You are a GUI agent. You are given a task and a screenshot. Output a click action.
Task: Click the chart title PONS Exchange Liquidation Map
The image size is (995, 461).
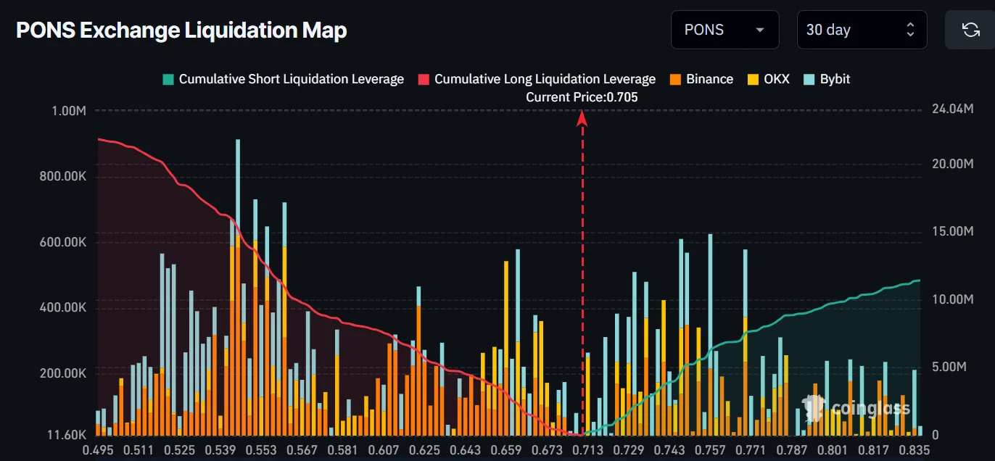[x=181, y=30]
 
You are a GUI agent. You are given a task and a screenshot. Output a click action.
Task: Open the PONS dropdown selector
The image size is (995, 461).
[x=725, y=30]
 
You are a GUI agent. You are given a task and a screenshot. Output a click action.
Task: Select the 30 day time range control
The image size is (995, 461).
[x=862, y=30]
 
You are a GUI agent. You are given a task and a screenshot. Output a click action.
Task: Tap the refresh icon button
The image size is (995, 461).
[x=970, y=30]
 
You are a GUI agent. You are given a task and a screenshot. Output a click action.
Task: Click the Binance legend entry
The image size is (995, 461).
[x=701, y=79]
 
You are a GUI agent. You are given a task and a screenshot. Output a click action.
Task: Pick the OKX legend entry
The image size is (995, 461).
[x=769, y=79]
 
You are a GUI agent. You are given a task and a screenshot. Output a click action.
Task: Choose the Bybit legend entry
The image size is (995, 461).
[x=827, y=79]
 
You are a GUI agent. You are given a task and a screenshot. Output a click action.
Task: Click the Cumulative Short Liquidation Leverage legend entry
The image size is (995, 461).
[x=284, y=79]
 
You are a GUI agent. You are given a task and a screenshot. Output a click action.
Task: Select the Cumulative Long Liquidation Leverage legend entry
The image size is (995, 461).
[x=537, y=79]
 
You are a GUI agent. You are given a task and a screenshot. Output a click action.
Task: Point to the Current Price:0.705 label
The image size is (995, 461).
[x=582, y=97]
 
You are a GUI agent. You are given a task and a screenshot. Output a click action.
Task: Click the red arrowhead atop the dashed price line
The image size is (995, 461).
[x=582, y=119]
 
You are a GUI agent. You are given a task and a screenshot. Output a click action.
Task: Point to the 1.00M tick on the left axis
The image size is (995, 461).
[x=69, y=111]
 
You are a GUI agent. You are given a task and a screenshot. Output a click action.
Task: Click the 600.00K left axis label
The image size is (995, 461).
[x=62, y=242]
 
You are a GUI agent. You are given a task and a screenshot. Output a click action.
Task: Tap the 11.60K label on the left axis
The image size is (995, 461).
[x=67, y=435]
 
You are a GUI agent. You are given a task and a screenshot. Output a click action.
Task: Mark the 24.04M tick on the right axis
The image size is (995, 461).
[x=953, y=109]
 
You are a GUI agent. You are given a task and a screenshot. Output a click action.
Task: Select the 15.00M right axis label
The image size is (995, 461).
[x=953, y=231]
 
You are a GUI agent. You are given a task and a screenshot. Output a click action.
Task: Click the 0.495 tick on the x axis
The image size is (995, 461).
[x=98, y=450]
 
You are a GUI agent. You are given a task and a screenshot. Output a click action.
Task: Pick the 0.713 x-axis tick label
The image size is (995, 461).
[x=587, y=450]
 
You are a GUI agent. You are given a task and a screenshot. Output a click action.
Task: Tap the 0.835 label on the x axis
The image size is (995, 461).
[x=915, y=450]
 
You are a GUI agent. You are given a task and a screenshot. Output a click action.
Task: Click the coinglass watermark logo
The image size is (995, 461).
[x=856, y=407]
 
